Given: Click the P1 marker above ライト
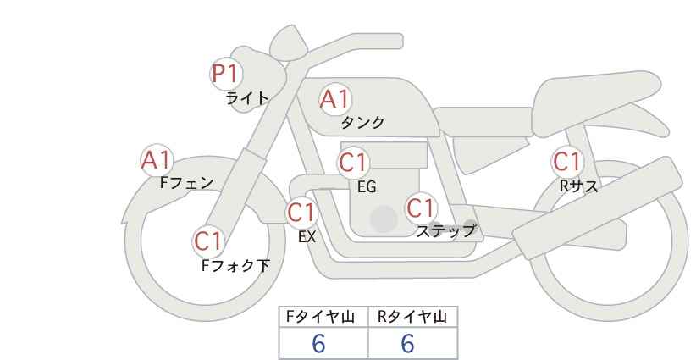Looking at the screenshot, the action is (226, 74).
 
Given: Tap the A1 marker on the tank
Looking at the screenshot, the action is (335, 99).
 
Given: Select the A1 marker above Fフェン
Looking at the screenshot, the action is (157, 160).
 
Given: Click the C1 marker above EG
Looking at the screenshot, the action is (353, 163).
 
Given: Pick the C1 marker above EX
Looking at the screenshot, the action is (301, 213).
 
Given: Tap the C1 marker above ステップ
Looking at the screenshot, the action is (421, 208).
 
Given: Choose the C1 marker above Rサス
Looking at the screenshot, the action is (567, 162).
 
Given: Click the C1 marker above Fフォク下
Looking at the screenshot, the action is (208, 241).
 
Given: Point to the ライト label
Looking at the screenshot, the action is (247, 98).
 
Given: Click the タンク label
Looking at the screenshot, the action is (362, 122).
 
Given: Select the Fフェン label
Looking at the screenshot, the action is (186, 183).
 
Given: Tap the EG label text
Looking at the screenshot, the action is (367, 187).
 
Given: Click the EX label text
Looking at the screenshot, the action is (307, 237).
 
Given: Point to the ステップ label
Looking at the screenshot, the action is (445, 231).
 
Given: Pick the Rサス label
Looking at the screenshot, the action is (579, 186).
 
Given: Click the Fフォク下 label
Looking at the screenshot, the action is (235, 265).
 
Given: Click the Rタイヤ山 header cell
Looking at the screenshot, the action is (413, 317).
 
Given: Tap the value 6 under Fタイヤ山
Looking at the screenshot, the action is (318, 343).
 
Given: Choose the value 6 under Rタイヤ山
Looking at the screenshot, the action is (407, 343).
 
